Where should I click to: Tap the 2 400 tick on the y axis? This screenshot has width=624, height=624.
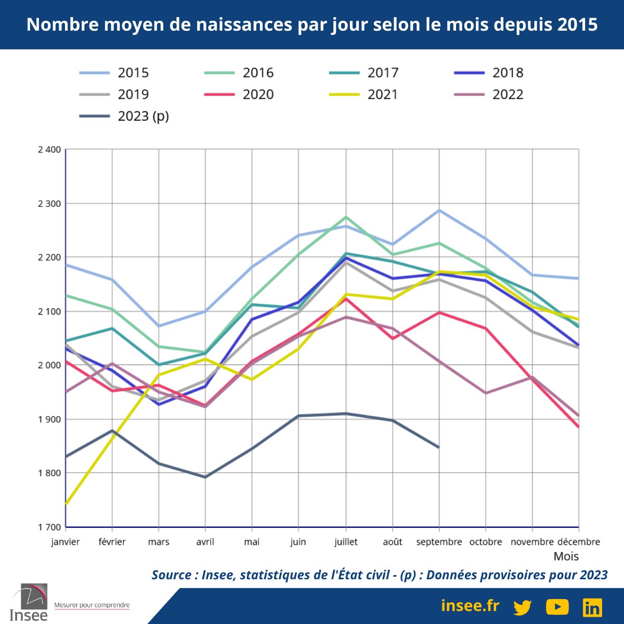pyautogui.click(x=49, y=150)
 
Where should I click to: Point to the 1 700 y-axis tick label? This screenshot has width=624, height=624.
pyautogui.click(x=49, y=527)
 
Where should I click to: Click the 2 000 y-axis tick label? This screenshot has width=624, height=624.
pyautogui.click(x=49, y=365)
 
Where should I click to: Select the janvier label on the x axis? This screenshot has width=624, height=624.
pyautogui.click(x=66, y=542)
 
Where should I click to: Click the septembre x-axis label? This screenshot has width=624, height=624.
pyautogui.click(x=439, y=542)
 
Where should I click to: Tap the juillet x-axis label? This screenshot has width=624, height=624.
pyautogui.click(x=346, y=542)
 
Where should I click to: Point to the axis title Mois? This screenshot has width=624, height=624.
pyautogui.click(x=566, y=556)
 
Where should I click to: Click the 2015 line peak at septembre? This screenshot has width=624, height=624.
pyautogui.click(x=439, y=210)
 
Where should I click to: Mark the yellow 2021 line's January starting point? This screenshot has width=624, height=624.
pyautogui.click(x=66, y=504)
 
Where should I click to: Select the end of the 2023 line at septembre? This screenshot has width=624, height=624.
pyautogui.click(x=439, y=447)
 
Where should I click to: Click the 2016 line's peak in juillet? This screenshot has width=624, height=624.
pyautogui.click(x=346, y=217)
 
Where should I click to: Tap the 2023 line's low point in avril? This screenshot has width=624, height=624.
pyautogui.click(x=205, y=477)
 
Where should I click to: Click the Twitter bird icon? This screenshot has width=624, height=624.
pyautogui.click(x=522, y=607)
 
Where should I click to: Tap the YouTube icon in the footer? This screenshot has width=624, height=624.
pyautogui.click(x=557, y=607)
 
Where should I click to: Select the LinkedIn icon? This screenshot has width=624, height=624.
pyautogui.click(x=592, y=607)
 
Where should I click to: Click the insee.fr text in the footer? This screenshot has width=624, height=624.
pyautogui.click(x=470, y=606)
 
